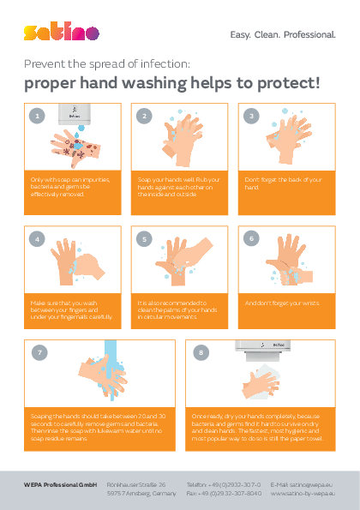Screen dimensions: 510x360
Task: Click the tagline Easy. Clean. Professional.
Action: tap(284, 35)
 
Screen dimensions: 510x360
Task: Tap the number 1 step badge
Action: tap(35, 115)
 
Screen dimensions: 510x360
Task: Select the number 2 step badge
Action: tap(144, 115)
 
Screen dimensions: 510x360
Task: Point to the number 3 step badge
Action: tap(252, 115)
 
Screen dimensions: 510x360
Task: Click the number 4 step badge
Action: tap(35, 238)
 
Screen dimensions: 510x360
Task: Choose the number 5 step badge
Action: tap(144, 238)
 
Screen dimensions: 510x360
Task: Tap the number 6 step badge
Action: tap(252, 238)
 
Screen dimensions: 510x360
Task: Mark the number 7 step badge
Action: tap(39, 352)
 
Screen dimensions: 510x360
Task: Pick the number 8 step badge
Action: tap(201, 352)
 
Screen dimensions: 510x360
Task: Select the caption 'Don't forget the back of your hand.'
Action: tap(283, 183)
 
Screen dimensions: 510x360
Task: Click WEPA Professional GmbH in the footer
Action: tap(60, 484)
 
